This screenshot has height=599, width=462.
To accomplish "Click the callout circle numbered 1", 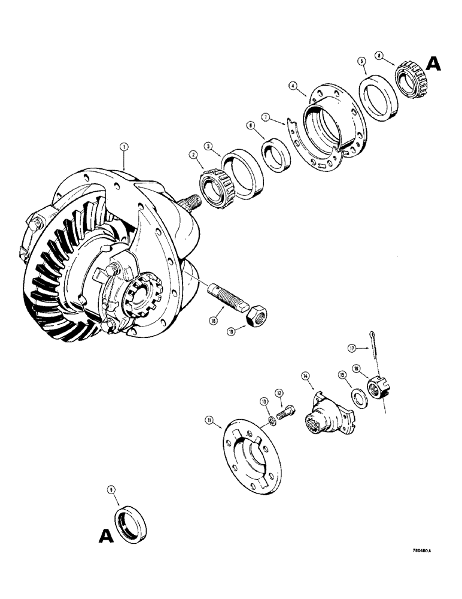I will (x=124, y=146).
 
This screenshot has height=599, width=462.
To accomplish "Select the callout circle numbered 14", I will (x=306, y=376).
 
